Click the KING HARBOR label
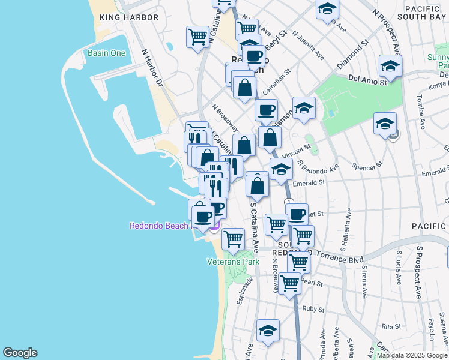point(130,17)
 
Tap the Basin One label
point(107,53)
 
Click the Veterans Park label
point(233,262)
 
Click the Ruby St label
point(313,310)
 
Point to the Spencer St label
point(367,164)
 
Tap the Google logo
point(20,353)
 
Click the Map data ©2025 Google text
point(412,355)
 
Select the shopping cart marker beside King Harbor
point(197,38)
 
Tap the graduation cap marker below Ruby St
point(268,331)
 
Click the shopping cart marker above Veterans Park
point(233,239)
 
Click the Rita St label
point(391,326)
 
